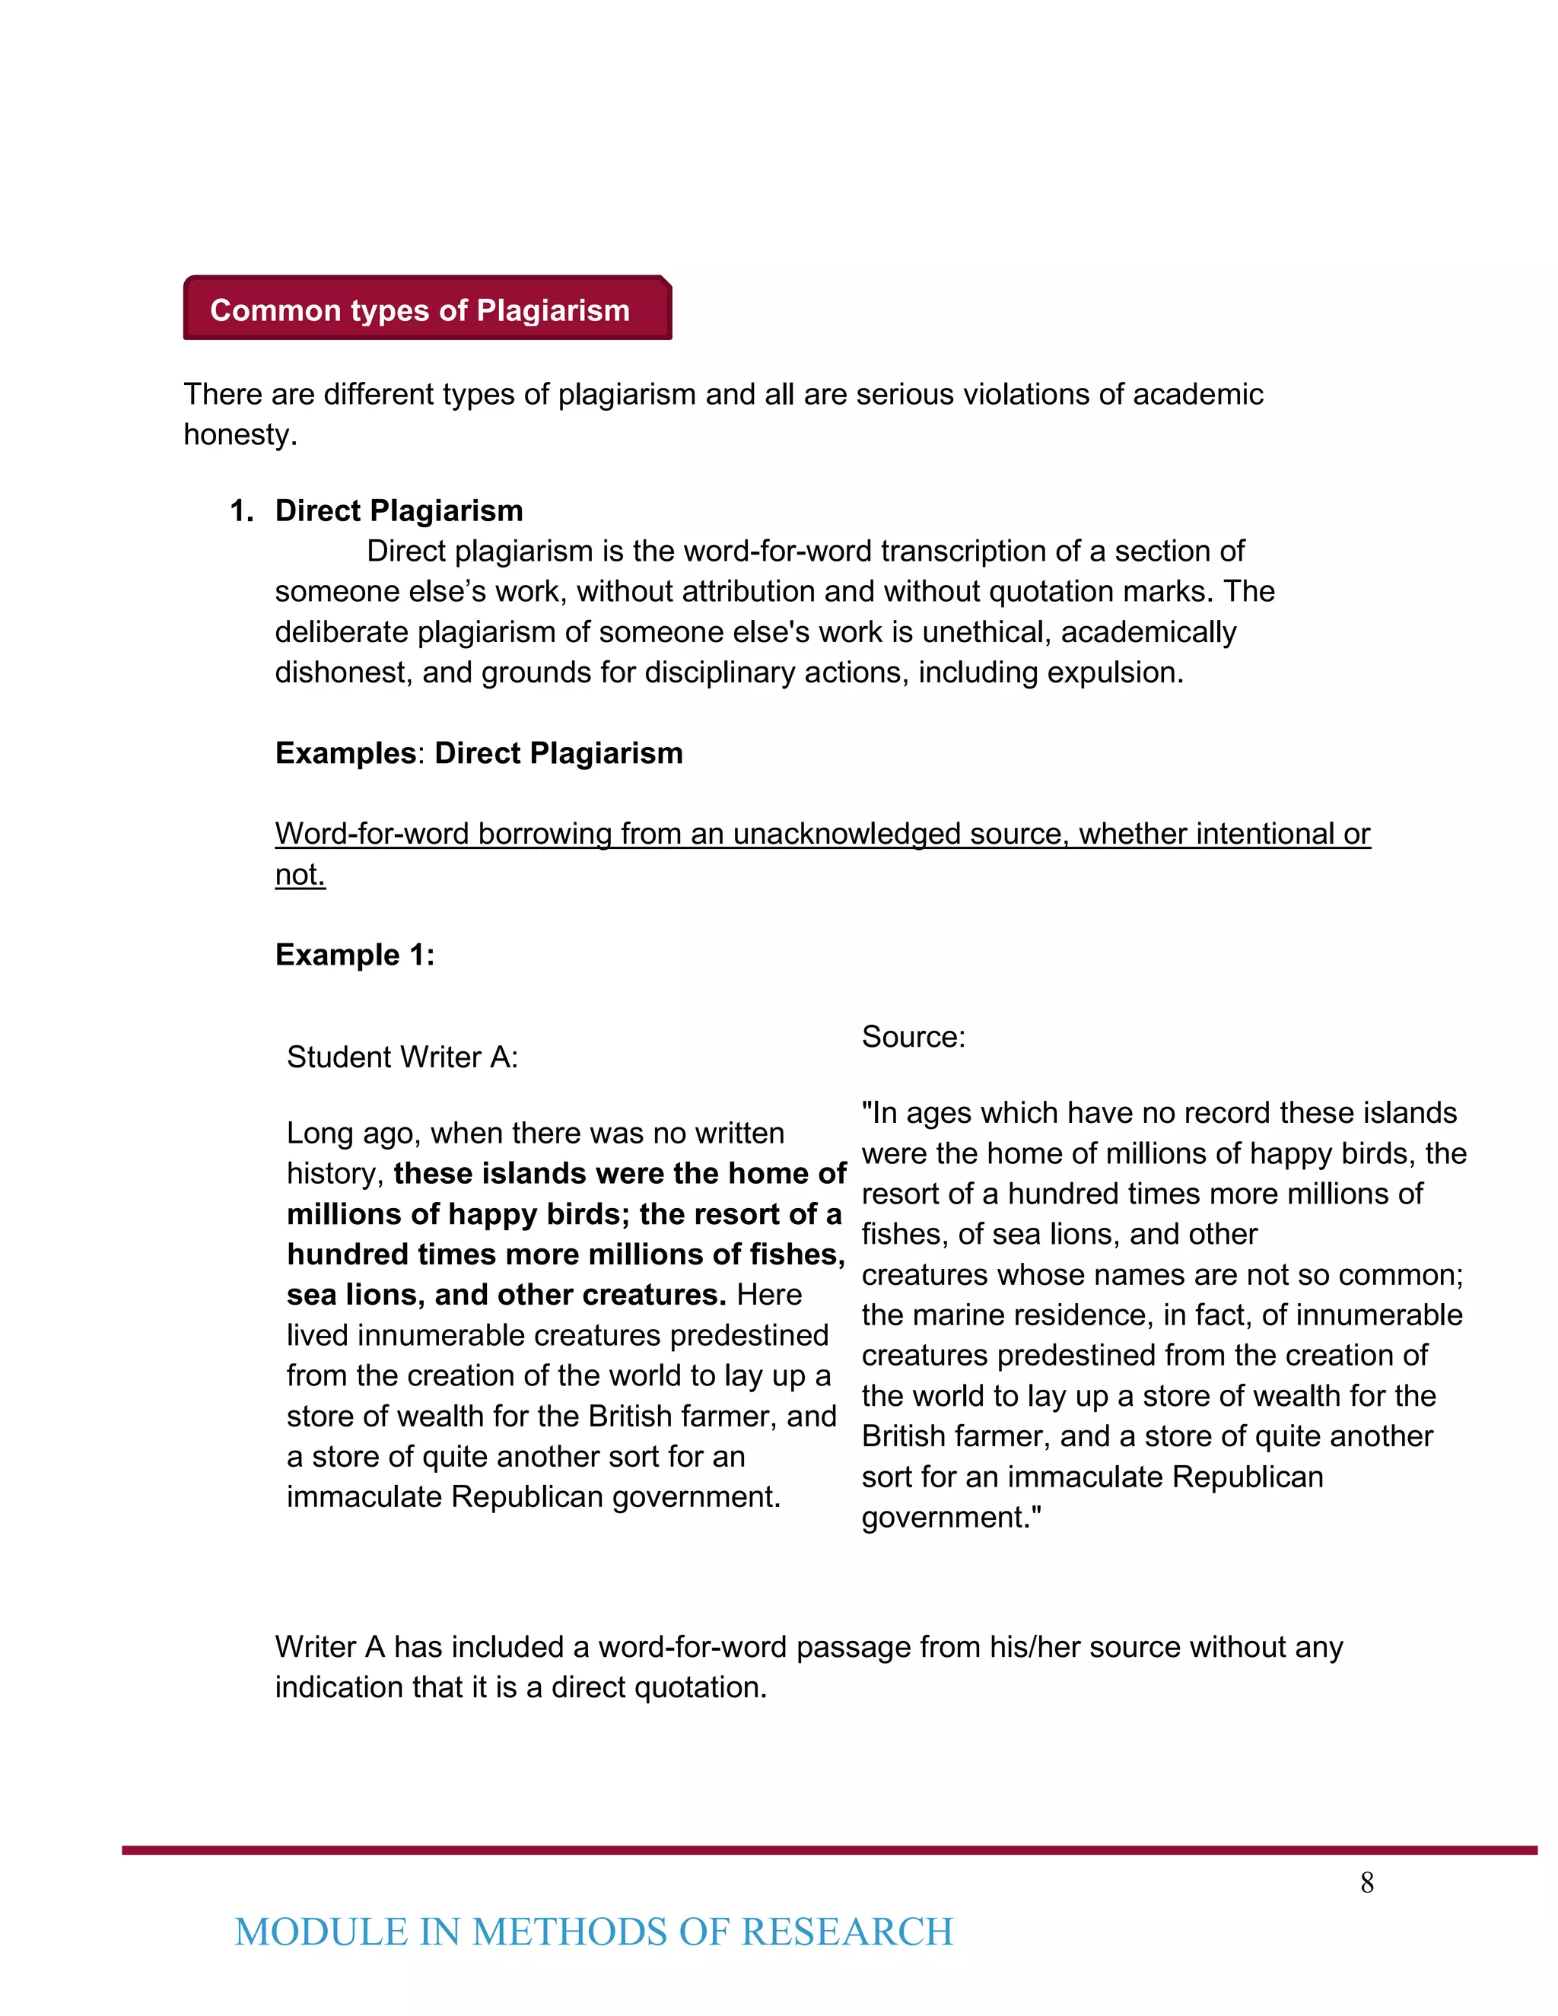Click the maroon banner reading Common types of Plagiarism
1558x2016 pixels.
click(427, 309)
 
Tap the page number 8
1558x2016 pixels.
click(1367, 1883)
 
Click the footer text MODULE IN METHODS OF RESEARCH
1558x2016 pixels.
click(593, 1933)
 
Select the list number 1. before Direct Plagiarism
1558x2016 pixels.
click(242, 510)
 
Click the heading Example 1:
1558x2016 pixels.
click(355, 955)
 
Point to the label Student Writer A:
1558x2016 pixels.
click(402, 1057)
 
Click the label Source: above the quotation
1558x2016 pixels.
click(913, 1037)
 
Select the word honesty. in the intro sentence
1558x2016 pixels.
click(240, 434)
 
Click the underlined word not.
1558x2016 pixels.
click(300, 874)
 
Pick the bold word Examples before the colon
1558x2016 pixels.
click(346, 753)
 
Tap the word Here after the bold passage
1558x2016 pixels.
click(769, 1295)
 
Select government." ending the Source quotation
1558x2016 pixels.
click(951, 1518)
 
